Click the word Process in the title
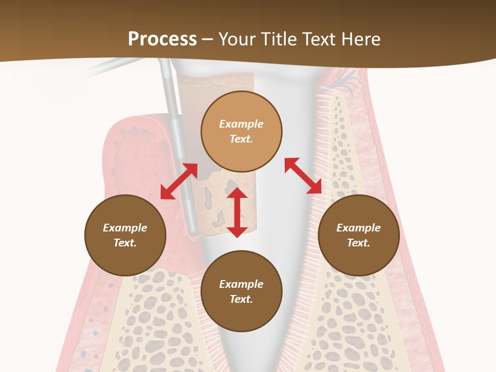(x=162, y=39)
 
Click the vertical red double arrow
(x=237, y=212)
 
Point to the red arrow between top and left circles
(x=179, y=181)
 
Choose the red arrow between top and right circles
(x=303, y=176)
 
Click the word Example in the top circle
(x=241, y=124)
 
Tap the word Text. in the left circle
(x=125, y=243)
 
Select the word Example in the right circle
(x=359, y=228)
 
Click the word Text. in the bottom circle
(x=241, y=299)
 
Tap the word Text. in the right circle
(x=359, y=243)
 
